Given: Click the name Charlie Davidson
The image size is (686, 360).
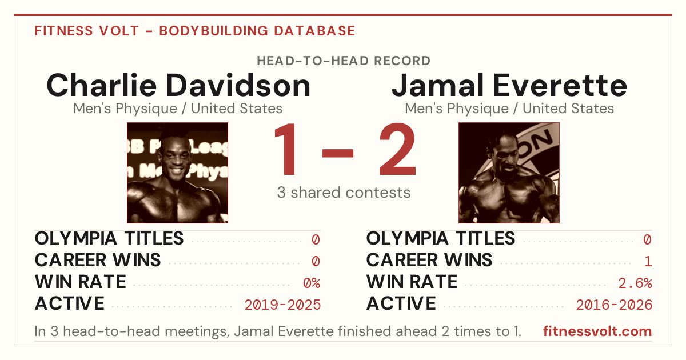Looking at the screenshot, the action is [178, 85].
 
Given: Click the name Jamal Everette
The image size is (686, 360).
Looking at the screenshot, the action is [509, 85].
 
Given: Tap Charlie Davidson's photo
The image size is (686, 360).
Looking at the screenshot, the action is [178, 173].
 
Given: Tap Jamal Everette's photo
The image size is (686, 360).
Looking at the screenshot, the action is [509, 173].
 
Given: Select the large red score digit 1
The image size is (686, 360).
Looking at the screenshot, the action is [286, 149].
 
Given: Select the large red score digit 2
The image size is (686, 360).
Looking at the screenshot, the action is [397, 149].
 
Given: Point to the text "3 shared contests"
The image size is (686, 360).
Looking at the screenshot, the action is [344, 193].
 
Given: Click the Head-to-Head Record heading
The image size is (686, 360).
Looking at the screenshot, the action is [344, 61].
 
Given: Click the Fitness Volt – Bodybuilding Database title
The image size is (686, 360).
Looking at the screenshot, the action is [195, 31].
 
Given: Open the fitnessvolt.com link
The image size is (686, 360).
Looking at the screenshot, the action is [597, 331].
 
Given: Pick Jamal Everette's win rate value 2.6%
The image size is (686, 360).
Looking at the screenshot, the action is [635, 283].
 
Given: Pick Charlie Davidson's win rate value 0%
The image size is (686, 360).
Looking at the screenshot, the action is [312, 283].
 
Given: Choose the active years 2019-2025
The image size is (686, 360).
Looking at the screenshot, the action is [282, 305].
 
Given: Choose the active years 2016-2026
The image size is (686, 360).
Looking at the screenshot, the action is [614, 305].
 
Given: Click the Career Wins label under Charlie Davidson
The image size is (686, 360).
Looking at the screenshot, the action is [98, 260].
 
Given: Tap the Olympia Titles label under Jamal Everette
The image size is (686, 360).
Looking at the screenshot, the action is [441, 238].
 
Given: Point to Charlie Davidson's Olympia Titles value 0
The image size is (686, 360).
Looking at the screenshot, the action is [316, 239].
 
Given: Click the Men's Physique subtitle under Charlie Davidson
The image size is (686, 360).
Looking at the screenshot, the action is [178, 109].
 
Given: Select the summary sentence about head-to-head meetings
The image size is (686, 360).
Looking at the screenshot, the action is [278, 331].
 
